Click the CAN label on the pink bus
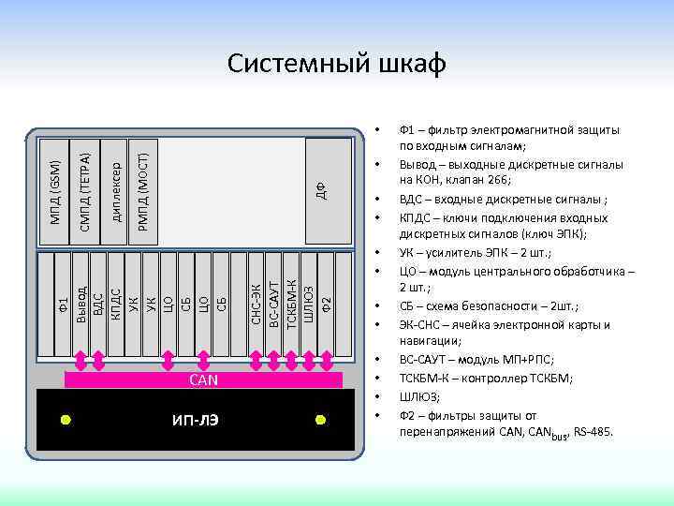[x=203, y=379]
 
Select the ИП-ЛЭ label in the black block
[x=198, y=420]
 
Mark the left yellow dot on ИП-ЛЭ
[x=66, y=420]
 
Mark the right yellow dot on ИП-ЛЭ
[x=320, y=420]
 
